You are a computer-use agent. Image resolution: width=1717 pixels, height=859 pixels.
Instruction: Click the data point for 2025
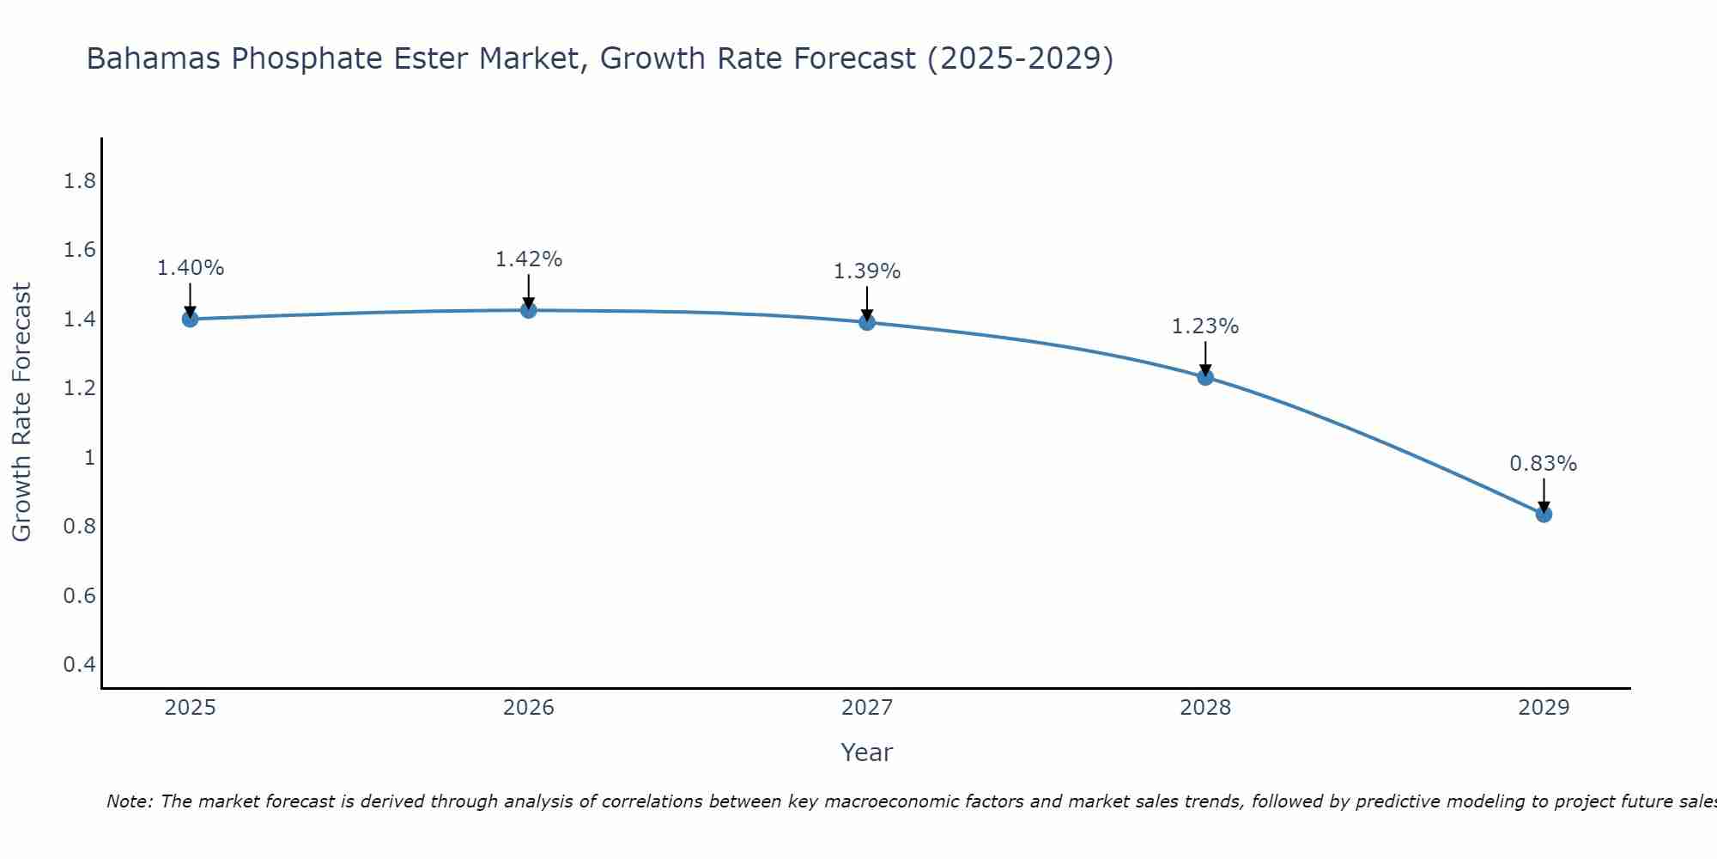pos(190,319)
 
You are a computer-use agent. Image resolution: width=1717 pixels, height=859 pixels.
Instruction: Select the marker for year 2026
pos(529,309)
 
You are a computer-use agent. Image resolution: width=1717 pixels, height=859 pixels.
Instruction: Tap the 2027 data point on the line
pos(867,322)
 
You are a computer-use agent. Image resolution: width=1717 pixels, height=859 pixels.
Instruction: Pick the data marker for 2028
pos(1205,376)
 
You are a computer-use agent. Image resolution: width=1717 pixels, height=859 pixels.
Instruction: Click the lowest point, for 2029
pos(1544,515)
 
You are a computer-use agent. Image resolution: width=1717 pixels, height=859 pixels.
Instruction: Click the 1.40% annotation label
pos(190,268)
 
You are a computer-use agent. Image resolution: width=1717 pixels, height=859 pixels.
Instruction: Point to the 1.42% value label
pos(529,259)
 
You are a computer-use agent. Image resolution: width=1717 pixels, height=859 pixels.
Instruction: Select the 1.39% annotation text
pos(867,271)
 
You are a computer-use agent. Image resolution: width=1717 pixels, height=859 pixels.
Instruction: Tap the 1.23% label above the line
pos(1205,326)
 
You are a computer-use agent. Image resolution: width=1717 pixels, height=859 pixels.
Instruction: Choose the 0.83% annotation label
pos(1544,464)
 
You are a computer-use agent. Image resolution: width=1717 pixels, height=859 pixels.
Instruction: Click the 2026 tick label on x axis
pos(529,708)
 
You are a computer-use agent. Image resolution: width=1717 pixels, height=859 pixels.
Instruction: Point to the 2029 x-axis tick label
pos(1544,708)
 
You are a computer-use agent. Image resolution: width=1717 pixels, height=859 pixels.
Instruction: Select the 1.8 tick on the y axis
pos(79,181)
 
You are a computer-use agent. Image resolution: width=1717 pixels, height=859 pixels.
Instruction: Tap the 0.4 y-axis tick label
pos(79,664)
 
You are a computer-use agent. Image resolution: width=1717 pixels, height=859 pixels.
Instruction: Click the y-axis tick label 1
pos(88,457)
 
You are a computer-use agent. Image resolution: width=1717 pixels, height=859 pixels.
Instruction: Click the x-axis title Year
pos(867,752)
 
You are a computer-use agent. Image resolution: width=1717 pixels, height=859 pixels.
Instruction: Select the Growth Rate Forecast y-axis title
pos(22,412)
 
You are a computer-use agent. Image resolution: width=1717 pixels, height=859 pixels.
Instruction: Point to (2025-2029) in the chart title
pos(1021,59)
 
